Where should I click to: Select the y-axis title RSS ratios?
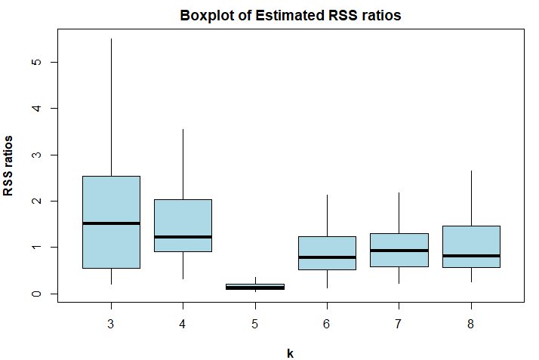tap(8, 165)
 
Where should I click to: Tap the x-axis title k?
tap(291, 353)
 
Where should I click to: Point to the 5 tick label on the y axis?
tap(36, 62)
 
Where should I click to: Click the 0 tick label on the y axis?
tap(36, 294)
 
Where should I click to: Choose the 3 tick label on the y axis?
tap(36, 155)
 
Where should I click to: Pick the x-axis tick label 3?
tap(111, 324)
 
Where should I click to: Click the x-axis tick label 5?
tap(254, 324)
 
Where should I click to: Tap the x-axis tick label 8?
tap(470, 324)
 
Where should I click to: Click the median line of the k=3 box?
tap(112, 223)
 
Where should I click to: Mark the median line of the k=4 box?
tap(183, 237)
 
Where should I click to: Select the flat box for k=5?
tap(255, 287)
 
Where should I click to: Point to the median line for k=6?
tap(328, 257)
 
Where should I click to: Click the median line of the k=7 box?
tap(399, 251)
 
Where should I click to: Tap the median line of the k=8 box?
tap(471, 256)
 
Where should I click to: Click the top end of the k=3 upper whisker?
tap(112, 38)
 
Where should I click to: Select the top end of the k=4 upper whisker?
tap(183, 129)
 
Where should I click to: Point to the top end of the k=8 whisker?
tap(471, 171)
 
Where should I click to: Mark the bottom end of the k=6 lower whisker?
tap(328, 288)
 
